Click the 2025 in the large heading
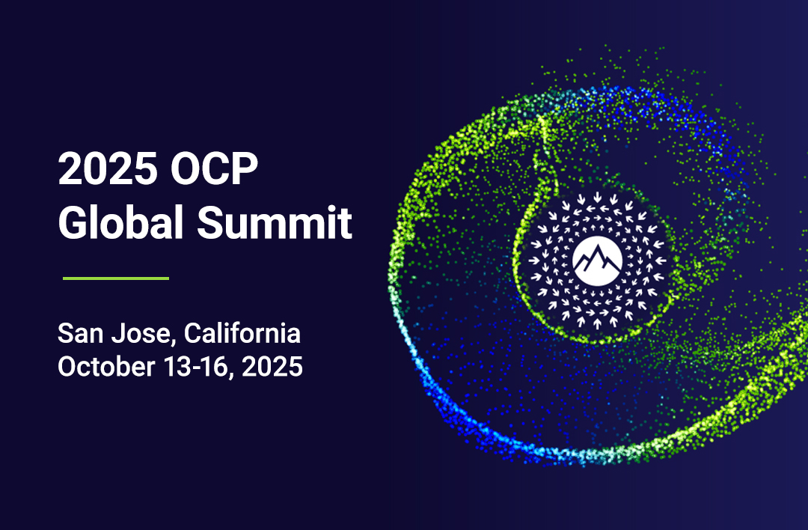[108, 168]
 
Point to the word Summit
[275, 222]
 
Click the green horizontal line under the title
[116, 278]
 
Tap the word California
[242, 333]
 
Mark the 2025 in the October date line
[272, 367]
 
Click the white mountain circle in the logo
[597, 261]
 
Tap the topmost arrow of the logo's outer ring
[597, 197]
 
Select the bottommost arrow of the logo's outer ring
[597, 324]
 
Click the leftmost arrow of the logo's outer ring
[534, 261]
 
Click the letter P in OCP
[245, 168]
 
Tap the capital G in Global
[71, 222]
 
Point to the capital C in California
[193, 333]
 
